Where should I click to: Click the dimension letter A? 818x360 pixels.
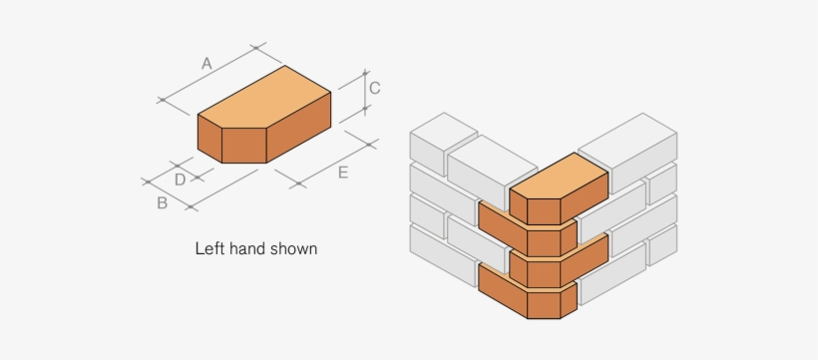(206, 64)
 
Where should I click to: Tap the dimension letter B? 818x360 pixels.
(163, 203)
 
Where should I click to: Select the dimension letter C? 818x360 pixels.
(374, 88)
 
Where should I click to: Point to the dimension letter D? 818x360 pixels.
(180, 180)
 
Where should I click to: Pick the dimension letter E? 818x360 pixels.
(343, 173)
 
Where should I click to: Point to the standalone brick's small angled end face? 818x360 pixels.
(209, 139)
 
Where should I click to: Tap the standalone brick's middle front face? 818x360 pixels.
(244, 146)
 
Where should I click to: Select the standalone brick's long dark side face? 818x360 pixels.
(299, 128)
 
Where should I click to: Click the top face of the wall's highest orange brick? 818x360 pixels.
(559, 176)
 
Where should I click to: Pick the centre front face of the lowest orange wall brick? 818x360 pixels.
(544, 305)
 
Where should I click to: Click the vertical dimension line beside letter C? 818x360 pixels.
(365, 91)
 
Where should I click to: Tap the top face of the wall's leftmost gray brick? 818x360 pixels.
(444, 132)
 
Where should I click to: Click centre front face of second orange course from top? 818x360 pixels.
(544, 243)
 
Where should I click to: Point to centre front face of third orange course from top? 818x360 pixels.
(544, 274)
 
